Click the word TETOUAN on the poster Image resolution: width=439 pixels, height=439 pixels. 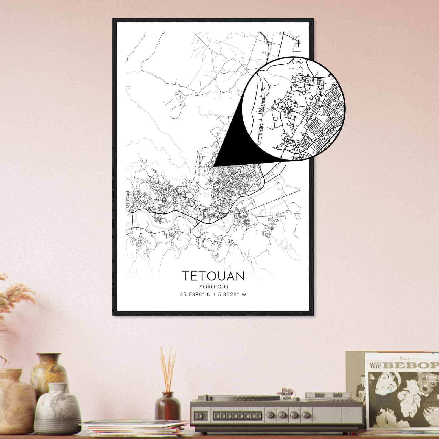coord(213,276)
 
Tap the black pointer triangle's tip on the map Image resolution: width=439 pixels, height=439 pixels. coord(214,166)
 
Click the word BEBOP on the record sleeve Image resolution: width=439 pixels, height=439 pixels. coord(413,365)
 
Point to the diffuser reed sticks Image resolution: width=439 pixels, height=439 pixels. coord(168,368)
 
